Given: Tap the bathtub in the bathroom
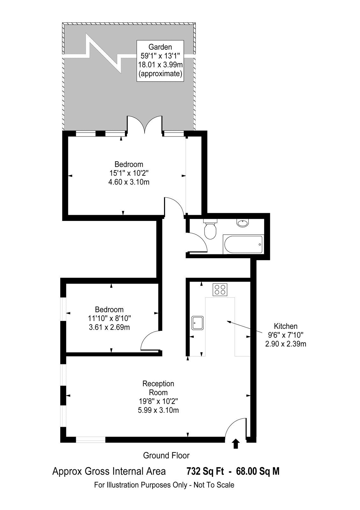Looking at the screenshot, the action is click(x=243, y=244).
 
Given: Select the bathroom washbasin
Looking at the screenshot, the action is click(x=243, y=223).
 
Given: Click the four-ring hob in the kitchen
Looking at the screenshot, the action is click(x=220, y=289).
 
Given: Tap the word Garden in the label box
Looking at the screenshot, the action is click(x=160, y=47).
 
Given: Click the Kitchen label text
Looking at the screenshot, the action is click(x=285, y=326).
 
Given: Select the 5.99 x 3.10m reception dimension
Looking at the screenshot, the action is click(x=158, y=410).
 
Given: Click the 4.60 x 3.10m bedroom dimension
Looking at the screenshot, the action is click(x=129, y=182).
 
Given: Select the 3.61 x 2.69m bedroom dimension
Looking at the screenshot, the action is click(x=109, y=327).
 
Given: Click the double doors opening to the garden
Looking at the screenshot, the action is click(x=145, y=124).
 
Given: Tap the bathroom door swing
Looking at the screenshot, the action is click(x=196, y=242).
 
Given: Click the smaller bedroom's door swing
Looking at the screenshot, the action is click(x=149, y=341).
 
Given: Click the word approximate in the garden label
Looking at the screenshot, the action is click(x=161, y=74).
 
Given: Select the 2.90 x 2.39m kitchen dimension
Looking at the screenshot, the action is click(x=285, y=344).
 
